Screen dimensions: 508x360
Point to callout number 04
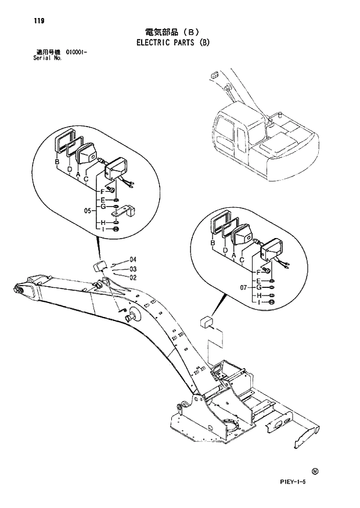pos(132,259)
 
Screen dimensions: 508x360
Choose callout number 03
pos(132,269)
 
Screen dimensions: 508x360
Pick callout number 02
pos(132,278)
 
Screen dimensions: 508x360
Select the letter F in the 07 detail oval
pos(258,272)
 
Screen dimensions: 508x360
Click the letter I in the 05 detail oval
pos(103,230)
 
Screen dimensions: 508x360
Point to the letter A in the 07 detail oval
pos(233,255)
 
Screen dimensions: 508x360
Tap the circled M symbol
pos(315,471)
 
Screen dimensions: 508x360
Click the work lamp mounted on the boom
pos(99,266)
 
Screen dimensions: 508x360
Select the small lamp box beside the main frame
pos(205,322)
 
